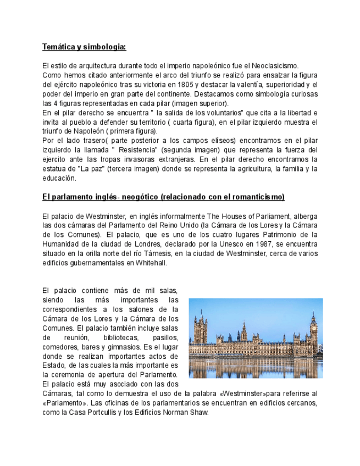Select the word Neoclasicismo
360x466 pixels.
click(274, 65)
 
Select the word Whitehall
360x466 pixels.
click(148, 262)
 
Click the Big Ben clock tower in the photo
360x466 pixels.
click(313, 327)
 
